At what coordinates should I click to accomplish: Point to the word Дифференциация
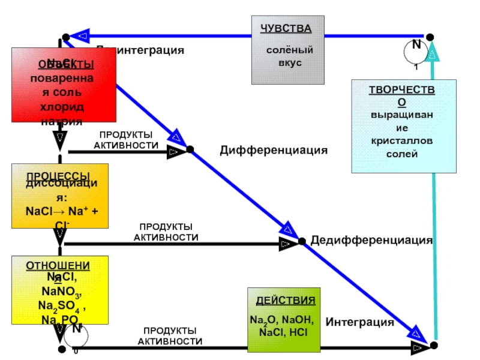point(274,150)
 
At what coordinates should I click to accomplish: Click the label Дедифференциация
point(371,240)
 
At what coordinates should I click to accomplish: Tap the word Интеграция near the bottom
point(359,322)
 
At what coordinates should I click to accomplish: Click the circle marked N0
point(76,337)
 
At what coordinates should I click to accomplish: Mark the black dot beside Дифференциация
point(190,149)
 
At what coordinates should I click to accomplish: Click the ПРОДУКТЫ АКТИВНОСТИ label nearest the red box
point(126,140)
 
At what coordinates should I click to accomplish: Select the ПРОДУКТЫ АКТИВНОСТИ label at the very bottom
point(170,336)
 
